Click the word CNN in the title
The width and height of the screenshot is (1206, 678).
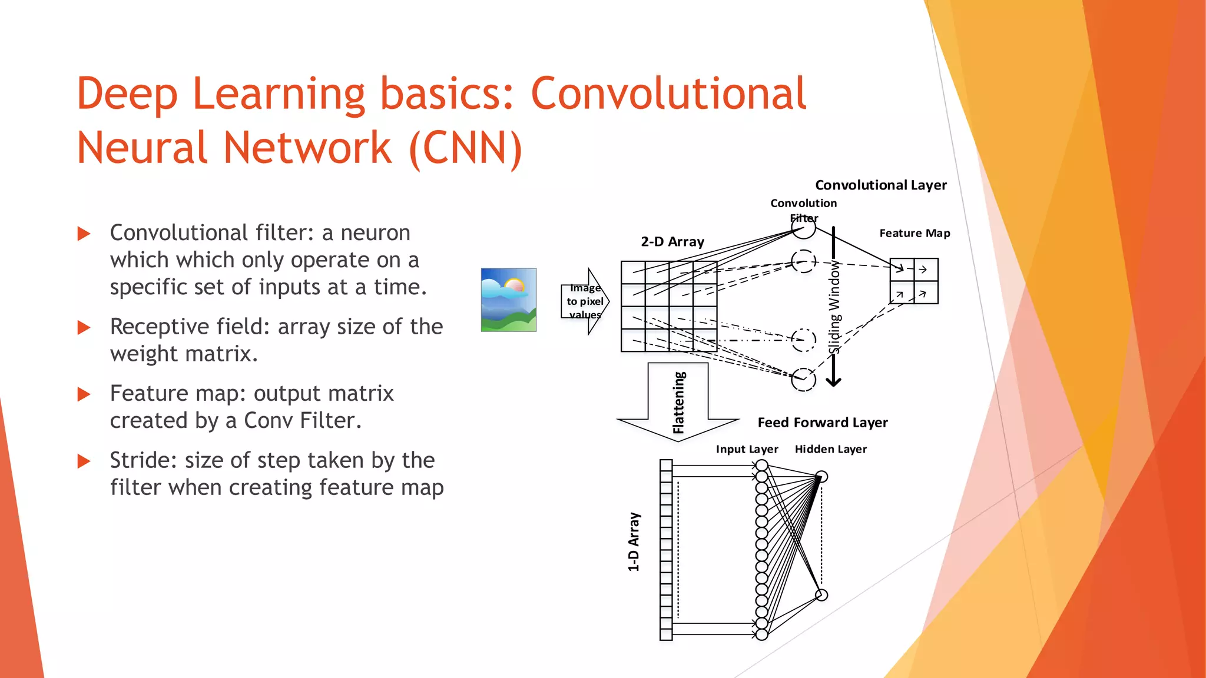coord(465,147)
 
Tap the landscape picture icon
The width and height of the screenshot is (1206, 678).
coord(509,300)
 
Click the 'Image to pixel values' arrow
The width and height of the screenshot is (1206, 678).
coord(585,301)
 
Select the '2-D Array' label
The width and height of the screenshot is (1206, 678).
coord(672,242)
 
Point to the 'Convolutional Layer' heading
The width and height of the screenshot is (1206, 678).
coord(881,185)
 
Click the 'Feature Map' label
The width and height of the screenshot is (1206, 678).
coord(915,233)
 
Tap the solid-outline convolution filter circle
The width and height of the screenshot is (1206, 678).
coord(803,227)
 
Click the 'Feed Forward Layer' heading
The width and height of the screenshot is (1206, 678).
coord(823,423)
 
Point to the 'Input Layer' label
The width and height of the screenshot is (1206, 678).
coord(747,449)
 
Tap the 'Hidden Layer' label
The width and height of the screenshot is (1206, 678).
coord(830,449)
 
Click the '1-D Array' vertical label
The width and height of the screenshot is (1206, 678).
coord(634,541)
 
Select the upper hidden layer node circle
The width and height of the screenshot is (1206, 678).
coord(822,477)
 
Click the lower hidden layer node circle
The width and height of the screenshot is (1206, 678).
coord(821,595)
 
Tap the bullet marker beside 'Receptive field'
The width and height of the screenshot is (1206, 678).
coord(84,328)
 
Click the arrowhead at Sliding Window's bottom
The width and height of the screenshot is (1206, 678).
coord(833,382)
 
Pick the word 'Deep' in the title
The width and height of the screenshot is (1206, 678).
coord(127,94)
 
